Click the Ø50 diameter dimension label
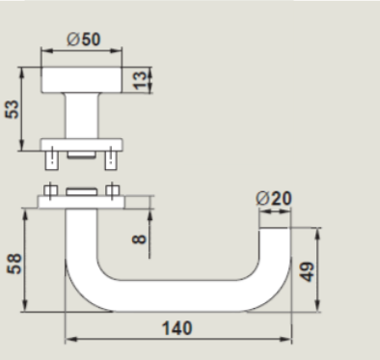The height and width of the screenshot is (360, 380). tap(84, 40)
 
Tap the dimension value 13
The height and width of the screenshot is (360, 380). tap(140, 80)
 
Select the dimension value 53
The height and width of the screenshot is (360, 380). tap(13, 109)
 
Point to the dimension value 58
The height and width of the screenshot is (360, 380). tap(14, 263)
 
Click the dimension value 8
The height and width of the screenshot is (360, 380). tap(139, 239)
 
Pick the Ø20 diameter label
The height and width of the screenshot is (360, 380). tap(274, 198)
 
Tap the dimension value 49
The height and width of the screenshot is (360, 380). tap(308, 272)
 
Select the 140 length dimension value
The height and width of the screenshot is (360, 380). tap(177, 328)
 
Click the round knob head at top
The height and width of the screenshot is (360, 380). tap(82, 80)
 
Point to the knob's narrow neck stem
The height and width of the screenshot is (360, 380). tap(82, 116)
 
